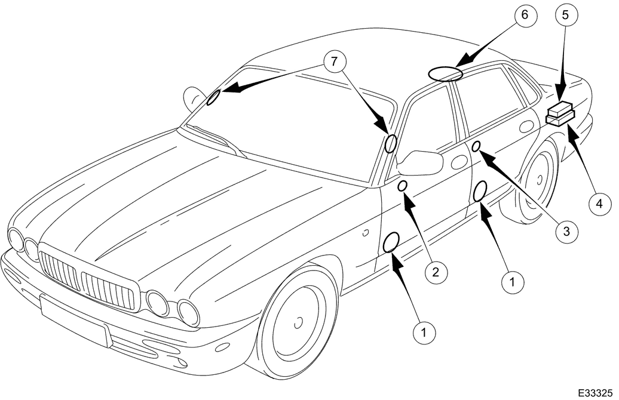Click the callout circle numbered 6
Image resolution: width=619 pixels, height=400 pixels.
pos(524,15)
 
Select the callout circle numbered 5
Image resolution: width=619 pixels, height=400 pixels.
pos(566,15)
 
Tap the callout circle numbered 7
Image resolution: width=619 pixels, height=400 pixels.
pos(335,62)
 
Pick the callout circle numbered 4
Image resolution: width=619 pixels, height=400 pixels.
pos(599,204)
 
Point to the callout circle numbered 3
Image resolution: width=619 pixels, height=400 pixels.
pos(566,231)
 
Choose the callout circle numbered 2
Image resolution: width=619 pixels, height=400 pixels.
pos(436,272)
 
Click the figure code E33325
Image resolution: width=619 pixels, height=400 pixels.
pos(596,393)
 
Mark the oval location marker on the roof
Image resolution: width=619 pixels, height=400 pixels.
pos(446,74)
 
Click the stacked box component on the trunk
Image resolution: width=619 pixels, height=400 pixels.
pos(560,113)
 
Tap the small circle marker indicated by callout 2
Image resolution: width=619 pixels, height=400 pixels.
pos(402,186)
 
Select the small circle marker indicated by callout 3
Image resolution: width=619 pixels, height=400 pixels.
pos(476,146)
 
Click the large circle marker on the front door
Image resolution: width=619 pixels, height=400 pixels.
pos(391,242)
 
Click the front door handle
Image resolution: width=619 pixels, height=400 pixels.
pos(458,162)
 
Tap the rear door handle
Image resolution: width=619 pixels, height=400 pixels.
pos(526,126)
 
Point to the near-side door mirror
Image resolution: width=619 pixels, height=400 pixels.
pos(421,162)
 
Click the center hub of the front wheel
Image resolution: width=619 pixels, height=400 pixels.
pos(299,322)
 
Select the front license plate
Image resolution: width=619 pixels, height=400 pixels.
pos(74,320)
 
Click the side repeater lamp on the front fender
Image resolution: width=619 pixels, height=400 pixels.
pos(366,233)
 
